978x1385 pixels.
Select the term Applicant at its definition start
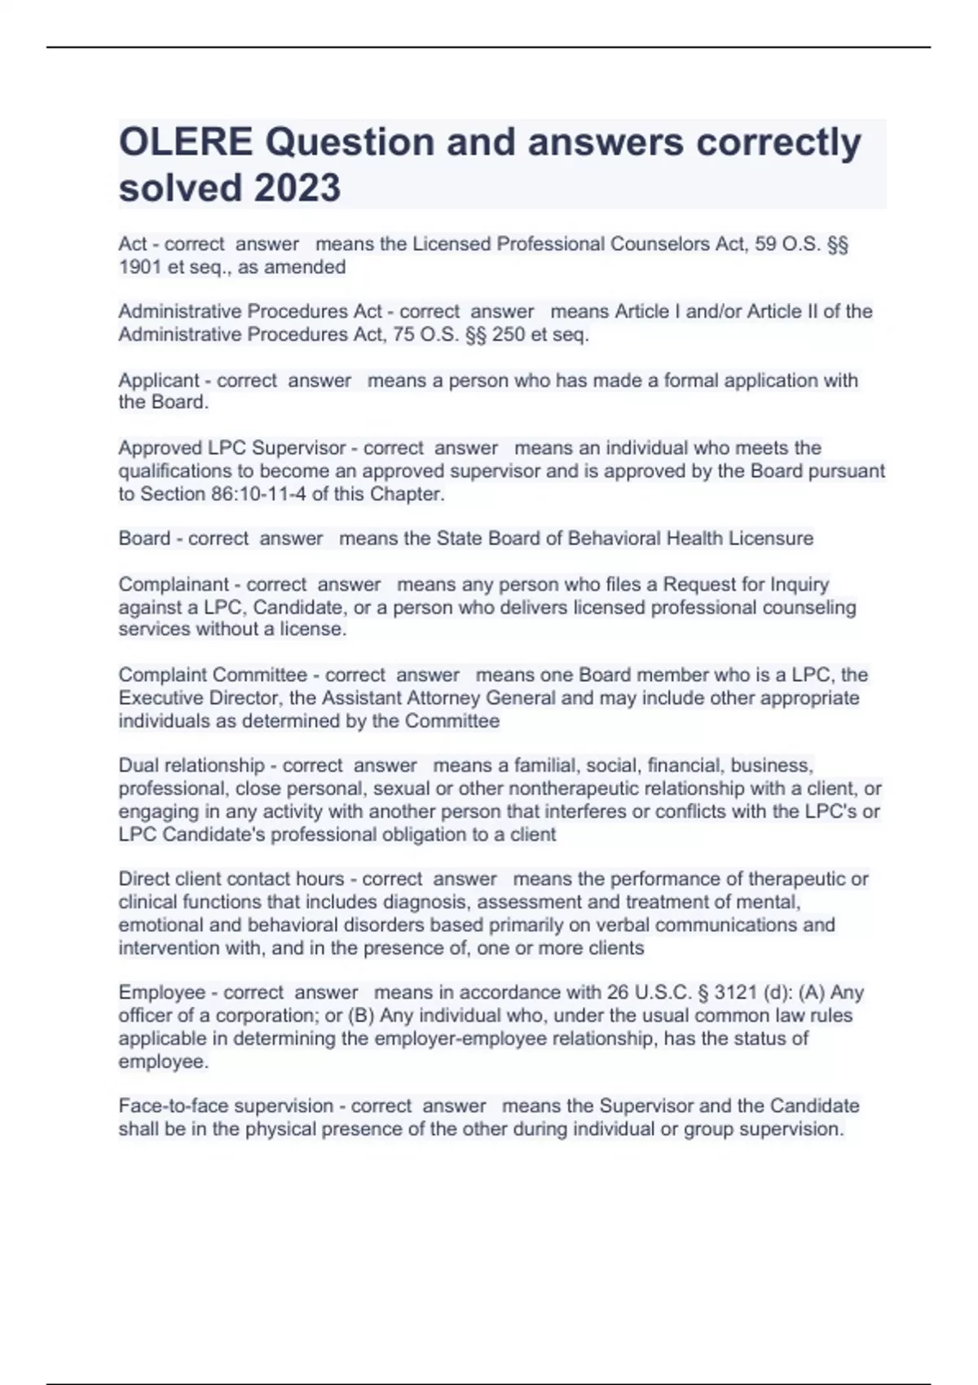click(x=159, y=380)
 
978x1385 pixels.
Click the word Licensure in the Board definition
click(x=770, y=539)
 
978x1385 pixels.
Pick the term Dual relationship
click(x=192, y=766)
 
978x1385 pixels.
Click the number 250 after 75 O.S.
click(x=508, y=335)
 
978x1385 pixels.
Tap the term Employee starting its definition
click(x=162, y=992)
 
